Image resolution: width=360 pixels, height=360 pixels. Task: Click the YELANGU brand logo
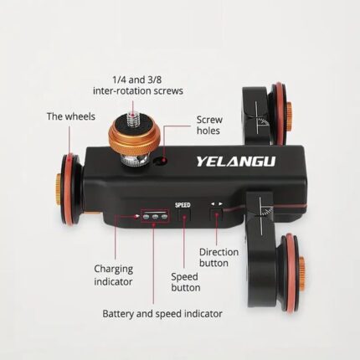tap(236, 162)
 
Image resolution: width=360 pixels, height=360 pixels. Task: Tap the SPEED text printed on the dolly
tap(183, 205)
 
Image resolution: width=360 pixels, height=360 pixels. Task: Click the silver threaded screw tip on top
tap(133, 119)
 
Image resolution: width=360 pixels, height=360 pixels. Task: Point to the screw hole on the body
tap(162, 161)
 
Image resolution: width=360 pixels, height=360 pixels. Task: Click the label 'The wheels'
tap(71, 116)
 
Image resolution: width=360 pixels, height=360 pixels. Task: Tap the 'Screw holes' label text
tap(209, 126)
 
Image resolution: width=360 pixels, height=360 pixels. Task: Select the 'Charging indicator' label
tap(113, 275)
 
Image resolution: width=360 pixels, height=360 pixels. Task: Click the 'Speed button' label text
tap(186, 282)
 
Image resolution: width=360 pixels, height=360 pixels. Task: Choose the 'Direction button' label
tap(219, 258)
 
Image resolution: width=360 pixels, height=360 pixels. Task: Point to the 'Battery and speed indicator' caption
tap(162, 314)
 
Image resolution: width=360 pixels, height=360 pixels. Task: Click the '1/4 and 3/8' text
tap(137, 80)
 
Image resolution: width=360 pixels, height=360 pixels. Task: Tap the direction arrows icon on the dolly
tap(217, 204)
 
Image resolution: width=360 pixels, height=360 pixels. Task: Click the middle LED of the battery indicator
tap(155, 217)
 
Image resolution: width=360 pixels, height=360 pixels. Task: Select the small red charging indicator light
tap(136, 216)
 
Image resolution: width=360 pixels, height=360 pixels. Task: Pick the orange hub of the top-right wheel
tap(289, 116)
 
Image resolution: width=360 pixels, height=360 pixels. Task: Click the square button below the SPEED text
tap(184, 215)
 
